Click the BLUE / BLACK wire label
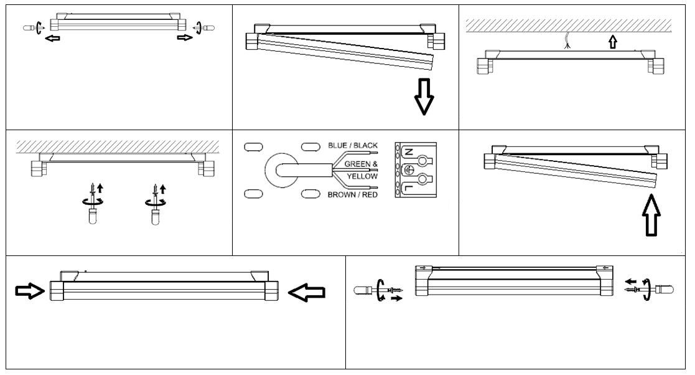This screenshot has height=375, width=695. (x=353, y=146)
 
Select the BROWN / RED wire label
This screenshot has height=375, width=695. (x=353, y=195)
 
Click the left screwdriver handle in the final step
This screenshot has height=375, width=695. (x=363, y=290)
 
